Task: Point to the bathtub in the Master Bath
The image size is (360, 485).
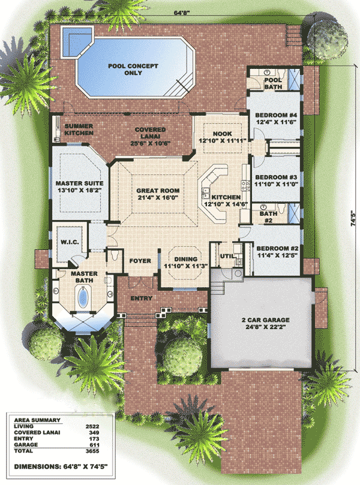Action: [81, 296]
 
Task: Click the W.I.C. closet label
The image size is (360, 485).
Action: [67, 243]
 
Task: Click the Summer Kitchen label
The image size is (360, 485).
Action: [79, 128]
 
